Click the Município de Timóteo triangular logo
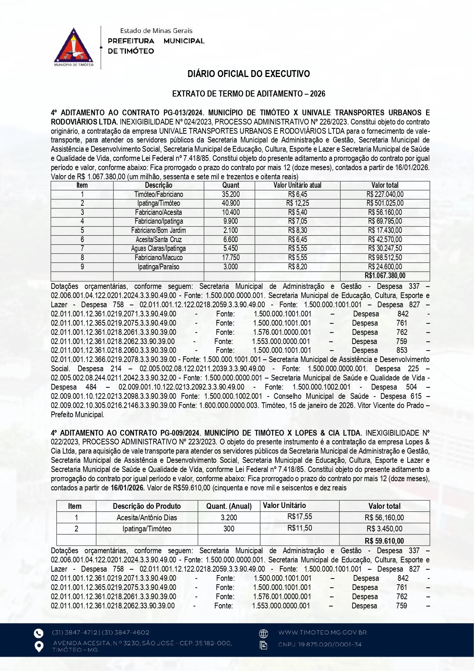point(74,47)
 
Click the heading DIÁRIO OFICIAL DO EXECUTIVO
point(248,74)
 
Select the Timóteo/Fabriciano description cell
point(158,195)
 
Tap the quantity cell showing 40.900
point(230,203)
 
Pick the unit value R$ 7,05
point(297,221)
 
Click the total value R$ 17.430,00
point(385,231)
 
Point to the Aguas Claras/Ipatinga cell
point(158,249)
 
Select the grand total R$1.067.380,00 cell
point(385,276)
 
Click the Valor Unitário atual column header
point(297,185)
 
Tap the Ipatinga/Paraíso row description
point(158,267)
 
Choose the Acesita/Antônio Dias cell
point(147,518)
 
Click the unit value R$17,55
point(300,517)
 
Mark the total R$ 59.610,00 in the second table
point(384,541)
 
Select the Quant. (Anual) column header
point(229,506)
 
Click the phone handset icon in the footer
point(38,633)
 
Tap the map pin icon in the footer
point(39,646)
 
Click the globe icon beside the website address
point(263,633)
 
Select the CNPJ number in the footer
point(320,644)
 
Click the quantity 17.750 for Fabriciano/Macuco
point(230,258)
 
